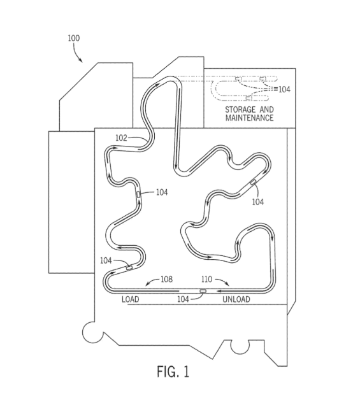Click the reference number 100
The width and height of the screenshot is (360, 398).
point(74,38)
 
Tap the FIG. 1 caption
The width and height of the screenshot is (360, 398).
point(173,372)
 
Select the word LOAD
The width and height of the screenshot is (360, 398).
point(131,299)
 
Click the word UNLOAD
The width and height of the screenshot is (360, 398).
point(236,299)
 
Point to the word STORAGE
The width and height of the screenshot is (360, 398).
point(240,110)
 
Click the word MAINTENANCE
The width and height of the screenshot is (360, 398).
point(250,118)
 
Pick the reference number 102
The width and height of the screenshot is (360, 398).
point(121,138)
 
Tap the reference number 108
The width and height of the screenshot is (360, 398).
point(167,279)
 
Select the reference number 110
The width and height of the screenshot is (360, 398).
point(206,279)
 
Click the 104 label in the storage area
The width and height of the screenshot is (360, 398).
point(284,89)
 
